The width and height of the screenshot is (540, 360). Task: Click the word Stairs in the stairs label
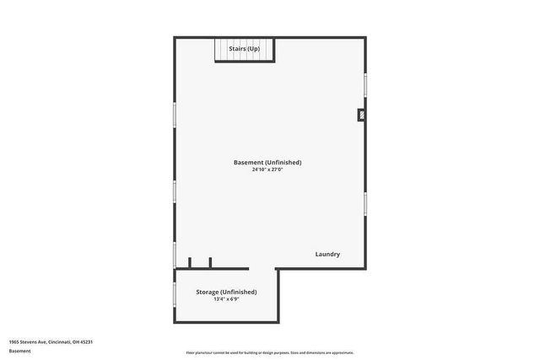(x=236, y=49)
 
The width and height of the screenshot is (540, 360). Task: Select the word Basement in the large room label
(x=248, y=162)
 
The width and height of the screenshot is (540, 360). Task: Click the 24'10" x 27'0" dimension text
(x=267, y=169)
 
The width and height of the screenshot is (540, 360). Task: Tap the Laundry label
(x=327, y=254)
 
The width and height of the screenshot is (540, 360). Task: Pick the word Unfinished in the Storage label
(x=239, y=292)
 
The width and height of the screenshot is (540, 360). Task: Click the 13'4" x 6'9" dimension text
(x=226, y=298)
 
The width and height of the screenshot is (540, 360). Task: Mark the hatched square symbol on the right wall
(x=362, y=115)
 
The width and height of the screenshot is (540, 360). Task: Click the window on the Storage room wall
(x=175, y=294)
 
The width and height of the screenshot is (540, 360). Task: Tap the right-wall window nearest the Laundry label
(x=365, y=202)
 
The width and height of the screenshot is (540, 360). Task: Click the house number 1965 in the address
(x=14, y=341)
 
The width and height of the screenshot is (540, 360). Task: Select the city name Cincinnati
(x=58, y=341)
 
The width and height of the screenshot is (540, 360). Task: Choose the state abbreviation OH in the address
(x=75, y=341)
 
